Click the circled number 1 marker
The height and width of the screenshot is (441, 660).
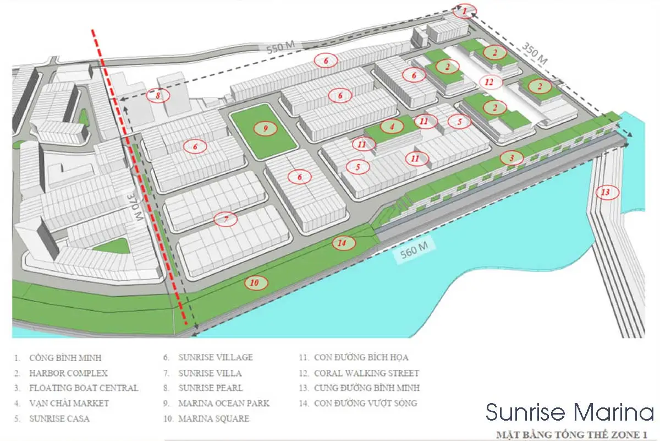tap(465, 10)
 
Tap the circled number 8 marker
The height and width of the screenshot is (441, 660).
tap(158, 96)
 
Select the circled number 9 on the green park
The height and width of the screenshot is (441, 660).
tap(265, 128)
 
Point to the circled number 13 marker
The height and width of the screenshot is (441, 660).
tap(605, 192)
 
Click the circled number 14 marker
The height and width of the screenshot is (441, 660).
tap(342, 243)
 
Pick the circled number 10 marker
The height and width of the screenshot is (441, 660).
tap(254, 283)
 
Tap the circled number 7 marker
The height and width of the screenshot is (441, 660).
tap(226, 219)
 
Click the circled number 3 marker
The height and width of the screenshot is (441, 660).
tap(512, 159)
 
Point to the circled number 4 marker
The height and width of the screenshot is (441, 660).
tap(392, 126)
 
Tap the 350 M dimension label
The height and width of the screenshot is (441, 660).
tap(535, 53)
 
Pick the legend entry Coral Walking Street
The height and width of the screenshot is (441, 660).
tap(366, 373)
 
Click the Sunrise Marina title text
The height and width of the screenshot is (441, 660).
tap(569, 411)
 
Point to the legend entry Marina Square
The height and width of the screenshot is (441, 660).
tap(213, 418)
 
